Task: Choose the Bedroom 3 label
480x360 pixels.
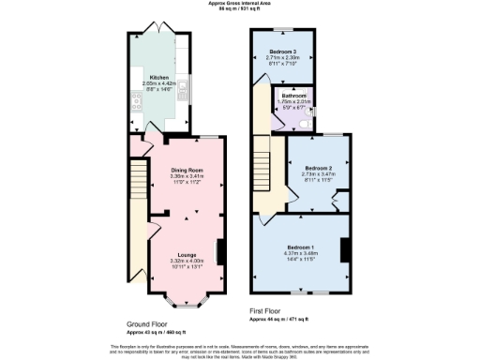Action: pos(282,51)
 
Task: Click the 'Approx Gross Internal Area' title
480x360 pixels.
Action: pos(240,4)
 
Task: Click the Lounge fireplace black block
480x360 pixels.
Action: pos(220,252)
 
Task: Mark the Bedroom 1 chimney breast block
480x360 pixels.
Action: pos(345,249)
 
